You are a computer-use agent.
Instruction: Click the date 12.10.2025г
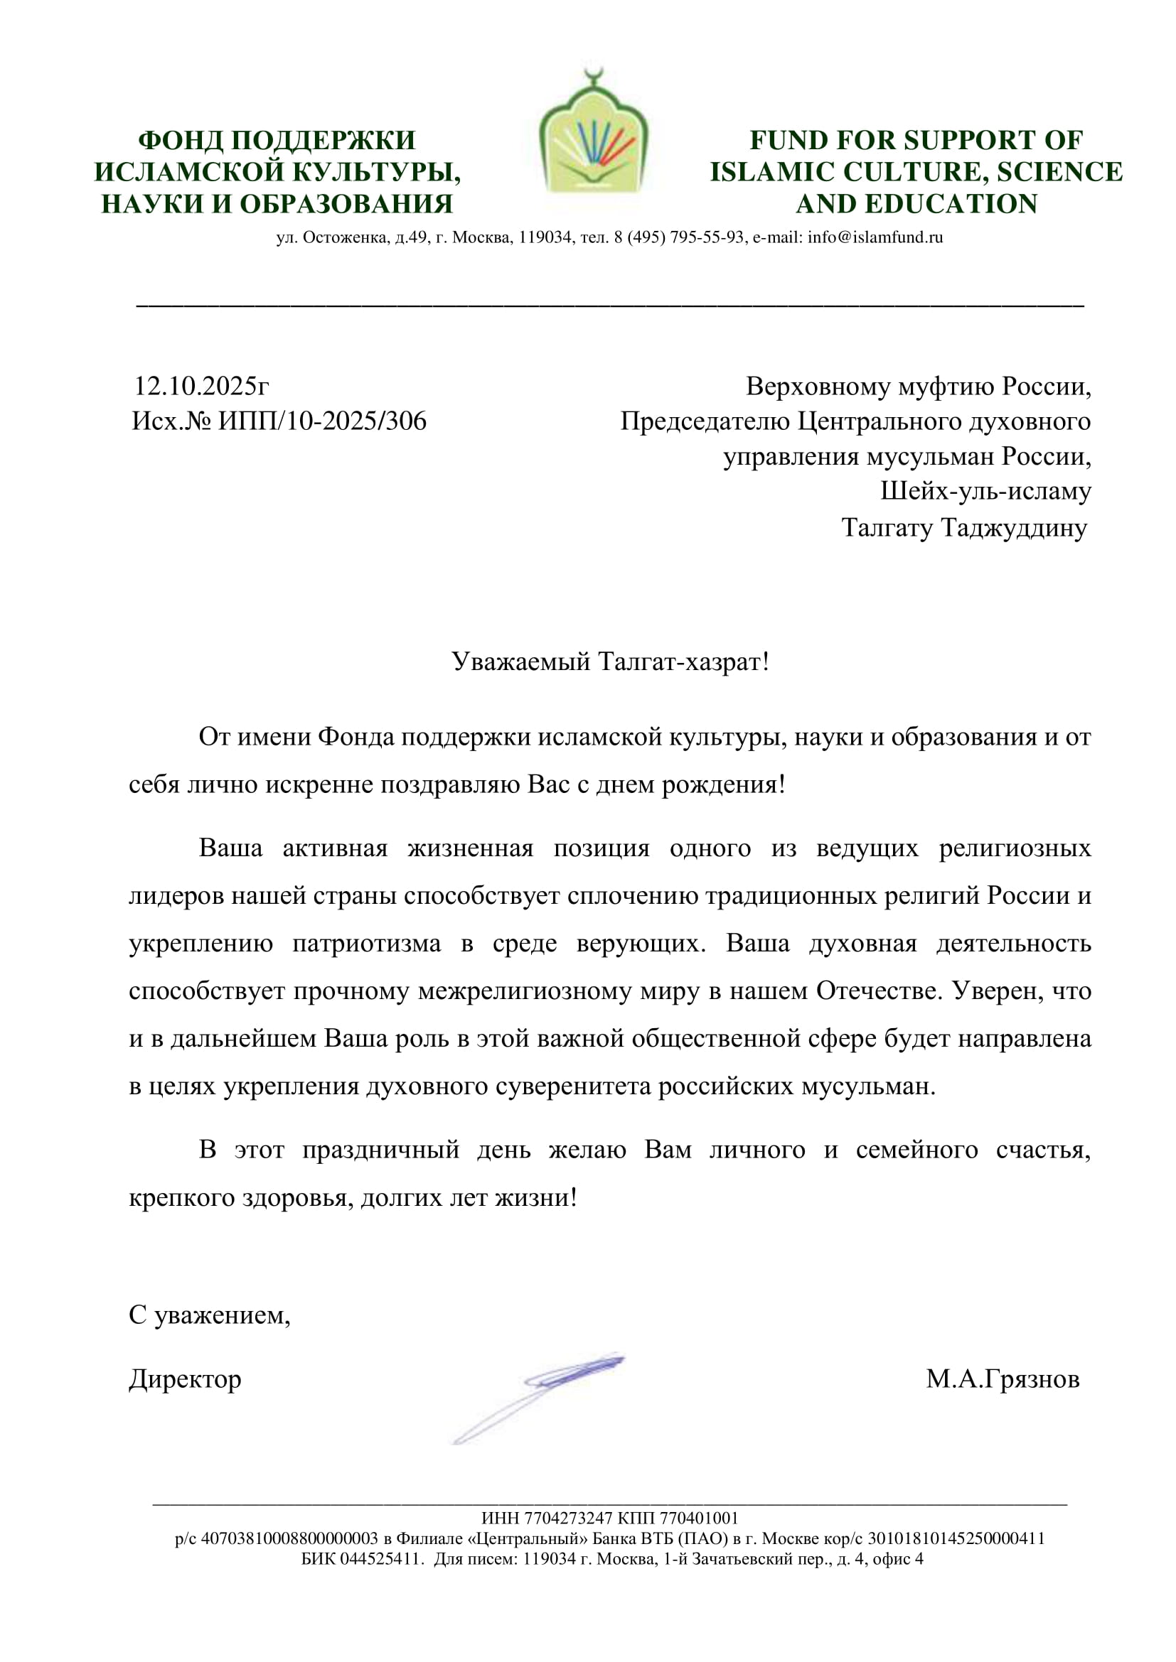click(201, 387)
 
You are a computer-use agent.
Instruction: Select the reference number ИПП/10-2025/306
click(322, 421)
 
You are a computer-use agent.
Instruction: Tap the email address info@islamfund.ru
click(875, 237)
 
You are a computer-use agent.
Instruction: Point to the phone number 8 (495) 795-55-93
click(679, 237)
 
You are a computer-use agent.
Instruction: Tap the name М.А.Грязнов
click(1003, 1379)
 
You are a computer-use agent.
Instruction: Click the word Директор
click(185, 1379)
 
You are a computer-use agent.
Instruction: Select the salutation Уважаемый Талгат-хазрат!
click(610, 662)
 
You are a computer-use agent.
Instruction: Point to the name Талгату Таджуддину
click(964, 528)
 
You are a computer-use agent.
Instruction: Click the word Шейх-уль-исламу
click(985, 492)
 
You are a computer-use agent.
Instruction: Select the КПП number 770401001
click(699, 1518)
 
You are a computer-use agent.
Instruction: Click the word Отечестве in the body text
click(879, 991)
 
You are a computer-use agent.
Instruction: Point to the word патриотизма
click(366, 944)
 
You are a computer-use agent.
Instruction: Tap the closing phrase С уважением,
click(209, 1315)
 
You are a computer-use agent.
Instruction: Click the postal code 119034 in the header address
click(546, 237)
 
